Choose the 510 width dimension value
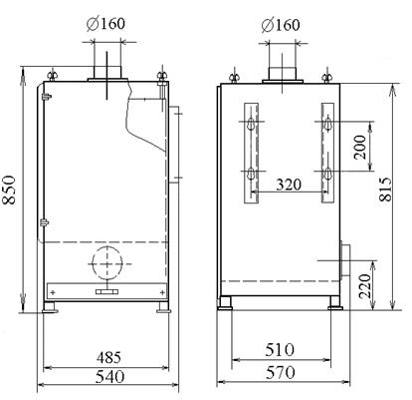pyautogui.click(x=279, y=351)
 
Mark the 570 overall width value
pyautogui.click(x=279, y=376)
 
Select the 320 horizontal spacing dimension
pyautogui.click(x=289, y=185)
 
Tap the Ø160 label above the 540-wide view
pyautogui.click(x=108, y=22)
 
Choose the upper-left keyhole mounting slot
pyautogui.click(x=252, y=124)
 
